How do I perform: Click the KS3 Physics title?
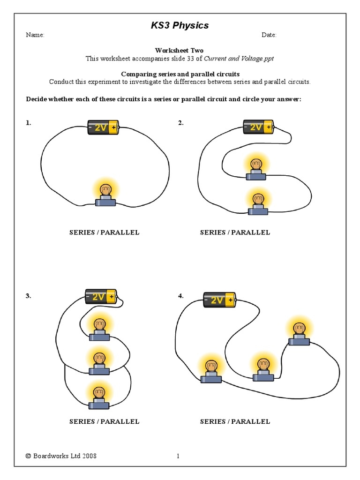coord(180,25)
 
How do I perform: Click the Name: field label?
coord(35,35)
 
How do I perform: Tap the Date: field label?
coord(269,35)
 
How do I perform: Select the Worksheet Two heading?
coord(180,50)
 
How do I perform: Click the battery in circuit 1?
coord(104,127)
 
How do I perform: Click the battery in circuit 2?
coord(258,127)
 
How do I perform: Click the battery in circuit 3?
coord(101,297)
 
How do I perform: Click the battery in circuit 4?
coord(219,300)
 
